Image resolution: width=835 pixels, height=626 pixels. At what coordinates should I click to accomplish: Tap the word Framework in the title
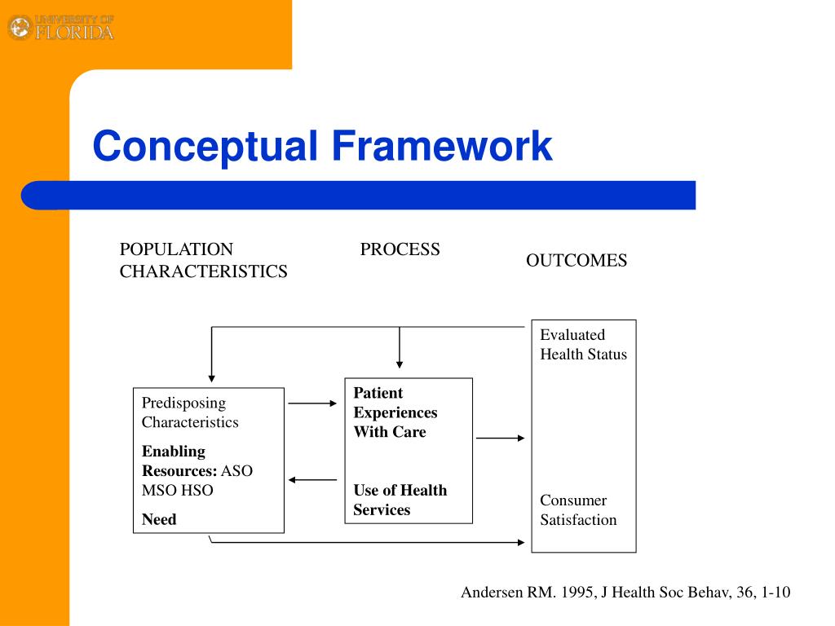click(441, 147)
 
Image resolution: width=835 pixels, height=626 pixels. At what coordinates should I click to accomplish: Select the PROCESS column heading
click(400, 249)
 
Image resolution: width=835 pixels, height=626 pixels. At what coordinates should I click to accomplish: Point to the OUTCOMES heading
click(576, 261)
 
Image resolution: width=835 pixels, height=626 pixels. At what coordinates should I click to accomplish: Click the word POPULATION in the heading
click(176, 249)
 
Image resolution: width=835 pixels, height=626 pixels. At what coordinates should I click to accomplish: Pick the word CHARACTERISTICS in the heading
click(203, 271)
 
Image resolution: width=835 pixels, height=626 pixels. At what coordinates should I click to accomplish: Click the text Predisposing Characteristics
click(190, 412)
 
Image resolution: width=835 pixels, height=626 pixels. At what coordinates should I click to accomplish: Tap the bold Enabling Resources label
click(179, 461)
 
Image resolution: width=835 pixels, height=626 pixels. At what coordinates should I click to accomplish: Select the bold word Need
click(159, 519)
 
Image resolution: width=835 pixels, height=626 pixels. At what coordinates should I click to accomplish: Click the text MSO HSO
click(177, 491)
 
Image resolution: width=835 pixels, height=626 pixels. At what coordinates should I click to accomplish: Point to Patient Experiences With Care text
click(395, 412)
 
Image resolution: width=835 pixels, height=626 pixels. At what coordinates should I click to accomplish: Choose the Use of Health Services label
click(400, 500)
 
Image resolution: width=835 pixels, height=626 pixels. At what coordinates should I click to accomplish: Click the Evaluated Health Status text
click(583, 344)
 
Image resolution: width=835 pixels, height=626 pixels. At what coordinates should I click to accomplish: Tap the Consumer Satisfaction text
click(578, 510)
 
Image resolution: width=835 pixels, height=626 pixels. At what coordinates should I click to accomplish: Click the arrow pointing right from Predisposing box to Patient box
click(312, 403)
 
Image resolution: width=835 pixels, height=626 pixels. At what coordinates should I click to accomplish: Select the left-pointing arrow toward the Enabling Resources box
click(312, 480)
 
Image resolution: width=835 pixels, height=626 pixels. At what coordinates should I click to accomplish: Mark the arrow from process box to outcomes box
click(501, 438)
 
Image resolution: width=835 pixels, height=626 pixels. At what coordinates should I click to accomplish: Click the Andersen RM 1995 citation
click(625, 593)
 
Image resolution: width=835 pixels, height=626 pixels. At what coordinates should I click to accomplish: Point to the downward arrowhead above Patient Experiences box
click(400, 364)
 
